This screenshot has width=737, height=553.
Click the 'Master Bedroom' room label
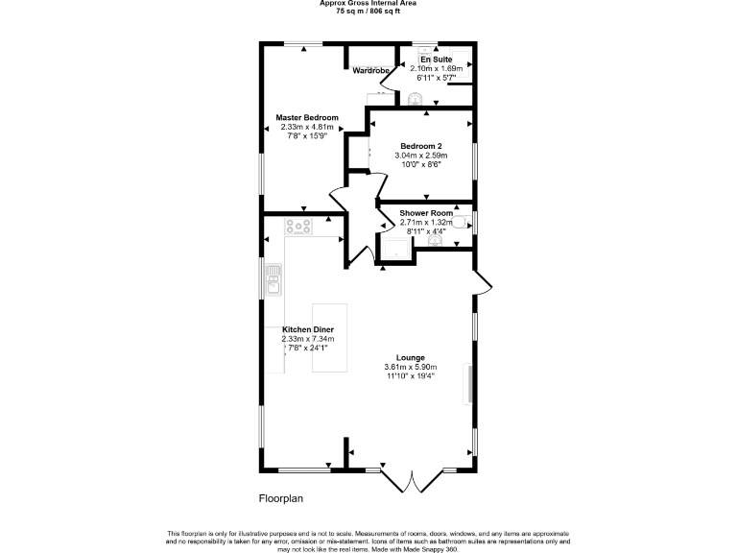[x=307, y=117]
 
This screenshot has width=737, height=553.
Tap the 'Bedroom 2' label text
[x=420, y=145]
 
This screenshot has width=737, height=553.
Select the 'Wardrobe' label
[x=370, y=71]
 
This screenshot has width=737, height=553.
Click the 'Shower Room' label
[x=419, y=213]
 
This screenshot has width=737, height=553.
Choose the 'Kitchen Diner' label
[x=307, y=329]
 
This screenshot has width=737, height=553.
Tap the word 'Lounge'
[x=411, y=357]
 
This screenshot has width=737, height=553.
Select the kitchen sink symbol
[x=273, y=280]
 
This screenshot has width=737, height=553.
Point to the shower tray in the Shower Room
[x=395, y=249]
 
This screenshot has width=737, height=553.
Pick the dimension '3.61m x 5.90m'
[x=411, y=367]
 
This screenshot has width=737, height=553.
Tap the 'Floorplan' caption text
[x=280, y=499]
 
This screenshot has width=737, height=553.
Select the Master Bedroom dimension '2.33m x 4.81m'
[x=307, y=127]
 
